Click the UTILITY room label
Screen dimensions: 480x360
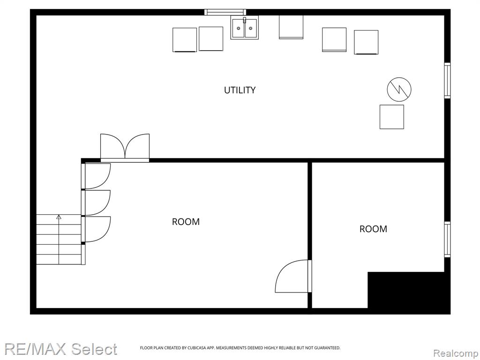click(240, 90)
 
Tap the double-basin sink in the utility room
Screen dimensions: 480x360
click(245, 28)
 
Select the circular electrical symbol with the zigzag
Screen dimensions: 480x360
click(399, 90)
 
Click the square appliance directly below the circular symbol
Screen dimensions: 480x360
click(392, 117)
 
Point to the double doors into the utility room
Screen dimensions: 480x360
click(125, 148)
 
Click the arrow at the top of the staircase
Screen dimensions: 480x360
click(59, 217)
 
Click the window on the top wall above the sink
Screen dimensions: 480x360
click(225, 12)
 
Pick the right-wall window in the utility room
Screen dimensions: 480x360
click(447, 81)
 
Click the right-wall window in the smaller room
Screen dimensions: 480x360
click(447, 240)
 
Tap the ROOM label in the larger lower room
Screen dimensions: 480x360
click(186, 222)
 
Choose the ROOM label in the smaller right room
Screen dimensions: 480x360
click(373, 229)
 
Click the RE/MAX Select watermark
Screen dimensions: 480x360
click(60, 349)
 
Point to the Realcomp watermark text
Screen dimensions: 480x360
click(456, 353)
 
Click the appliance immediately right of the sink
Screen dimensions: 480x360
click(291, 27)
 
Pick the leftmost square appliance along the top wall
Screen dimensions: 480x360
click(185, 40)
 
